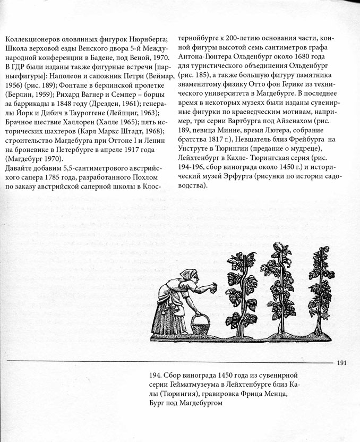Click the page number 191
click(x=341, y=363)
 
